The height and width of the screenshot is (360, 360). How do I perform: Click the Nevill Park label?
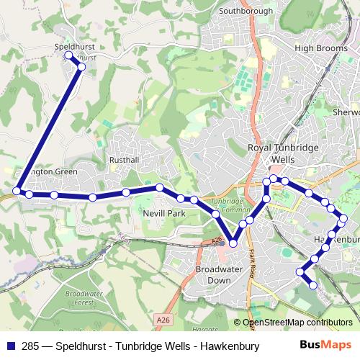[x=167, y=214]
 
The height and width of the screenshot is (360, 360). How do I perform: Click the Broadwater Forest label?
[x=84, y=299]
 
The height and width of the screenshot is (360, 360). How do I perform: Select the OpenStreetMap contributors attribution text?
[x=297, y=323]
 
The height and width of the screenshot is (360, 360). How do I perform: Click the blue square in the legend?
[x=9, y=344]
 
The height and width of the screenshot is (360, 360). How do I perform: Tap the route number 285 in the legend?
[x=27, y=344]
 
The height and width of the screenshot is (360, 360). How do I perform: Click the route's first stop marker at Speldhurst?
[x=69, y=55]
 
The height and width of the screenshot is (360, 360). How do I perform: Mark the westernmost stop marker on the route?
[x=16, y=191]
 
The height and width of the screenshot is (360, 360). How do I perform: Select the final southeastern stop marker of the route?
[x=313, y=285]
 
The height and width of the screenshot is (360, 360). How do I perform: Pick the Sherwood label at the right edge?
[x=346, y=112]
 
